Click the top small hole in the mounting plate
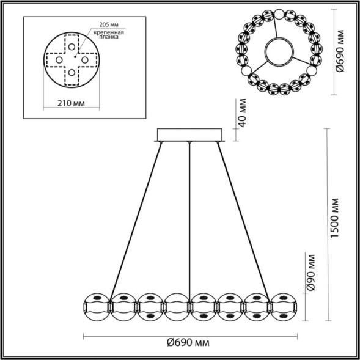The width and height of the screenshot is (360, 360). pos(72,46)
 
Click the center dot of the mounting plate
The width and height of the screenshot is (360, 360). pos(72,60)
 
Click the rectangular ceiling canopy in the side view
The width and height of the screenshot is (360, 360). pos(191,134)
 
